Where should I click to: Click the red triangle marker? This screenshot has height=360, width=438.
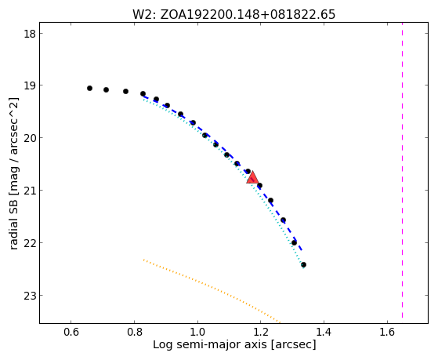point(252,177)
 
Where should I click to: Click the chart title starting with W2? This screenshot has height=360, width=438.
point(233,15)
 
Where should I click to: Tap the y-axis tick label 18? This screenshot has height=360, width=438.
point(30,34)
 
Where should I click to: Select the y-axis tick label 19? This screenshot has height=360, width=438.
point(30,85)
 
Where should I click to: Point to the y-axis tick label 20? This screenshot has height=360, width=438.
point(30,138)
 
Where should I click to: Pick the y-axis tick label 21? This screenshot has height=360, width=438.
point(30,191)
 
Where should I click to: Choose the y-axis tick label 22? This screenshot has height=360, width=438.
point(30,243)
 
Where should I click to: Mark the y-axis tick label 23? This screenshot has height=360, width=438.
point(30,296)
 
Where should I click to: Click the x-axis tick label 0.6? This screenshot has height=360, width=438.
point(71,332)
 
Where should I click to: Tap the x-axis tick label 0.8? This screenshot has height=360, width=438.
point(134,332)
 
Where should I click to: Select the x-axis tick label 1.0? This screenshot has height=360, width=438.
point(197,332)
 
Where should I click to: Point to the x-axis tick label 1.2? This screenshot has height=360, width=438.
point(261,332)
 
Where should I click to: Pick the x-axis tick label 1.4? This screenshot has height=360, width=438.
point(324,332)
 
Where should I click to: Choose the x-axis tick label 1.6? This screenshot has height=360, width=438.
point(387,332)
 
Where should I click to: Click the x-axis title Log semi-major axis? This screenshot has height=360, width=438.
point(209,344)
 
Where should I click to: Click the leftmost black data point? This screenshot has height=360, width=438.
point(89,89)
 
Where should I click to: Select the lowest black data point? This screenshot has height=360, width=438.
point(304,264)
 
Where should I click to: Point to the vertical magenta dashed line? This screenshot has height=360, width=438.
point(402,170)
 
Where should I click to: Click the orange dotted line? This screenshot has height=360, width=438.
point(212,291)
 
